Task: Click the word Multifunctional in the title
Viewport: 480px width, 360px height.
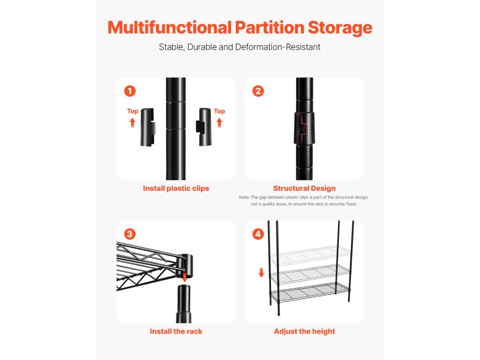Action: click(x=170, y=27)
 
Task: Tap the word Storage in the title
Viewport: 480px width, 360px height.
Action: click(x=340, y=28)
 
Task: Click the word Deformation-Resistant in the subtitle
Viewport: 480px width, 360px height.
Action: click(x=277, y=47)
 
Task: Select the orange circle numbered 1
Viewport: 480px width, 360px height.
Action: click(x=130, y=91)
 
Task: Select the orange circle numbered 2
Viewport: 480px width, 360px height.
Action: click(x=258, y=91)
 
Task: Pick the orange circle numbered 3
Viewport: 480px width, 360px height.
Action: click(x=130, y=234)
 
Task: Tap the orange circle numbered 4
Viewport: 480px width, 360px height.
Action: click(x=258, y=234)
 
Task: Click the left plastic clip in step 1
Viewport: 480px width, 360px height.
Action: click(x=148, y=127)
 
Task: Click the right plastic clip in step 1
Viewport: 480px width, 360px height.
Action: click(x=204, y=127)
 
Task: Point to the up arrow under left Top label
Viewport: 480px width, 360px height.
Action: click(x=132, y=123)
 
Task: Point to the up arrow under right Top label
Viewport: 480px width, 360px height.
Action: click(x=219, y=123)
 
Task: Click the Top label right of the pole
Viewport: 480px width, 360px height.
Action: click(x=219, y=111)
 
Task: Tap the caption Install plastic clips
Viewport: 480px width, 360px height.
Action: click(x=176, y=188)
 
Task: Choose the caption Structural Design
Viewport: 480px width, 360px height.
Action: click(x=304, y=188)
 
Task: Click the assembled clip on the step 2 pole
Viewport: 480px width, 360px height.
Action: click(x=304, y=128)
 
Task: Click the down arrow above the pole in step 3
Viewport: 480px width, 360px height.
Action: click(x=184, y=278)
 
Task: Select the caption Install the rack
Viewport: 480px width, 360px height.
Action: click(x=176, y=331)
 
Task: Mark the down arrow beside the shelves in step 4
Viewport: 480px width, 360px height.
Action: click(x=261, y=272)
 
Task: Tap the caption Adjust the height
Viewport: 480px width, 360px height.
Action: click(x=304, y=331)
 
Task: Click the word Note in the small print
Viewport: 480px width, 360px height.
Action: click(x=244, y=197)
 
